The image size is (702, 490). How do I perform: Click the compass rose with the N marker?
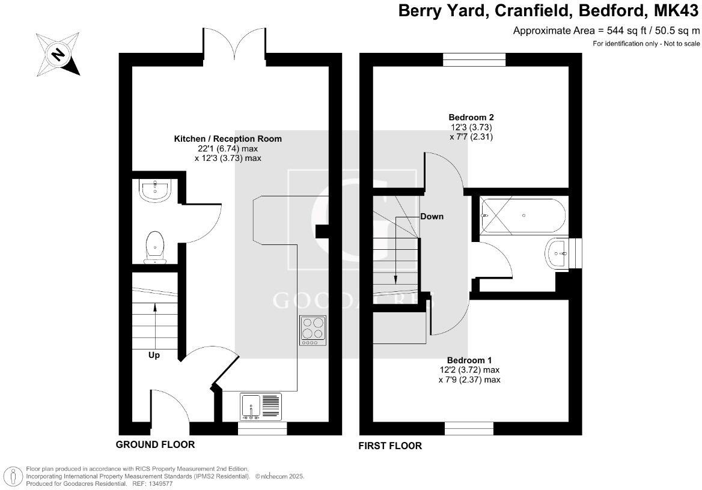tap(57, 54)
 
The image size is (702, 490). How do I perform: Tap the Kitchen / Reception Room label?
tap(228, 139)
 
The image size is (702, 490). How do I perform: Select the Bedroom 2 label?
tap(471, 117)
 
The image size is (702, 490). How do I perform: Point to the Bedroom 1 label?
tap(469, 360)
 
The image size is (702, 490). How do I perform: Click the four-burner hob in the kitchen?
tap(313, 330)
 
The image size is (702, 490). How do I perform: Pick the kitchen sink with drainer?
tap(261, 407)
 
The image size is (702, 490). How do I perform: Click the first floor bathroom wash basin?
tap(560, 253)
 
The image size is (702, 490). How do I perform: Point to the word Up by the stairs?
tap(154, 355)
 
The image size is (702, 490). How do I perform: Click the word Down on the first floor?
tap(432, 216)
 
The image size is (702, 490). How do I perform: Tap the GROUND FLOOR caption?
tap(155, 445)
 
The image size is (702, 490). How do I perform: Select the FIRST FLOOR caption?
tap(390, 446)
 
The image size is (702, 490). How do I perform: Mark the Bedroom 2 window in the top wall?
tap(474, 59)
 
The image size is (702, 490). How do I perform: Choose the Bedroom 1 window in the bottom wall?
tap(469, 429)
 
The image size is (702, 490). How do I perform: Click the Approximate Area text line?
tap(606, 31)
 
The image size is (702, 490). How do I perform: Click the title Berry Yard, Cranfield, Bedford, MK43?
tap(549, 11)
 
